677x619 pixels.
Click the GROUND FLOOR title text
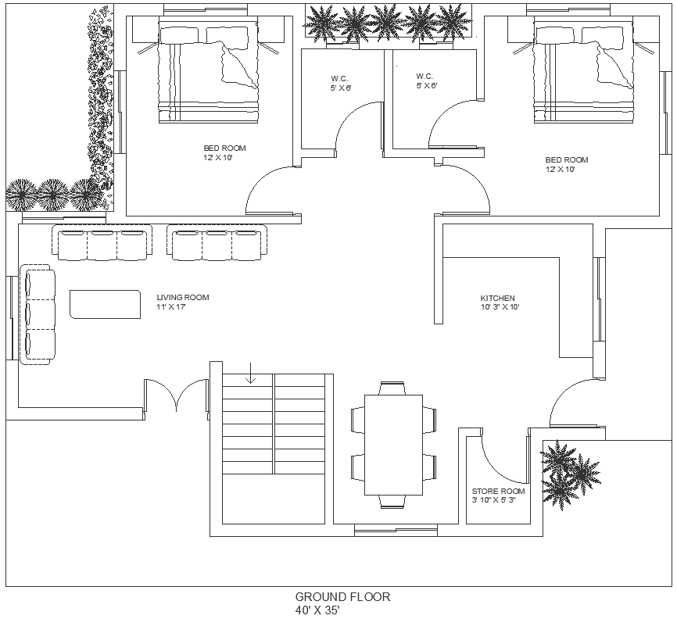click(342, 597)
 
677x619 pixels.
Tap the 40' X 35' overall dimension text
click(317, 610)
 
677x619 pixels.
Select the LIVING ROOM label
click(182, 297)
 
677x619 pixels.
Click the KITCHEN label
click(497, 299)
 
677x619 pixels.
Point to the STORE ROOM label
click(498, 492)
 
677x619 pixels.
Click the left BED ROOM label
click(224, 148)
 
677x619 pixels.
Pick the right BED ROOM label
click(566, 159)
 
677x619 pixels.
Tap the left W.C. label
click(339, 78)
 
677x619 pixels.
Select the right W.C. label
click(425, 76)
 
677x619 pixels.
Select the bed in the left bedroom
click(209, 72)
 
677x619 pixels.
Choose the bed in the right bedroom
click(583, 72)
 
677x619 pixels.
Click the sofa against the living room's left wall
click(38, 314)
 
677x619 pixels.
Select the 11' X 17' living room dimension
click(170, 306)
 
